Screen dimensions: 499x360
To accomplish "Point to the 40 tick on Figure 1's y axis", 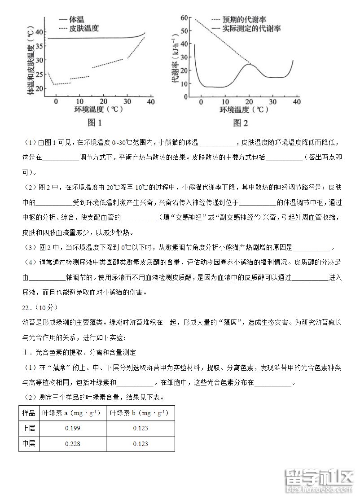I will (x=40, y=32).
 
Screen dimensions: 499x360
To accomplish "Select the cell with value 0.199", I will (x=72, y=428).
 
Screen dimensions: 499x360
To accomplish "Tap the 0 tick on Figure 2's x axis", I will (x=201, y=102).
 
